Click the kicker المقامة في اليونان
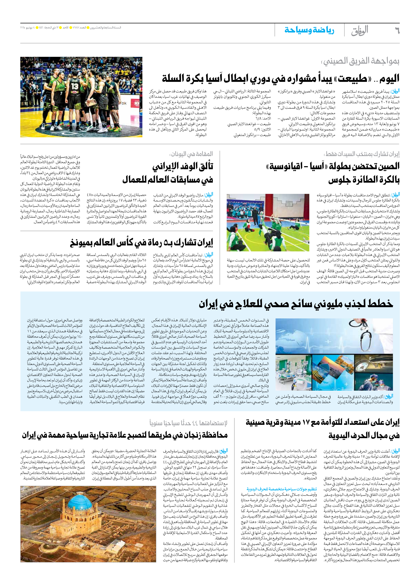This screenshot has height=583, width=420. point(191,154)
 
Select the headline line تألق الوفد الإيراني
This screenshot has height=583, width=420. point(183,167)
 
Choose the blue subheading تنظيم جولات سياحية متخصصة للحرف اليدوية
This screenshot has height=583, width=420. point(282,489)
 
